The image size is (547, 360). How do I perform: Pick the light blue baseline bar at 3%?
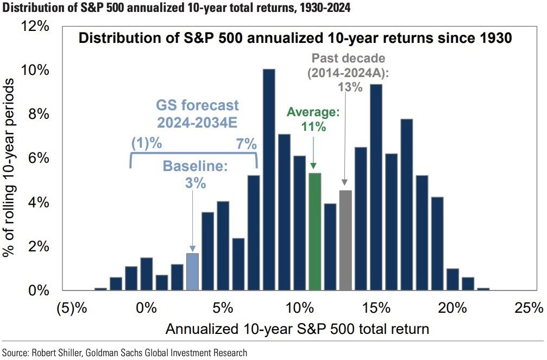(192, 271)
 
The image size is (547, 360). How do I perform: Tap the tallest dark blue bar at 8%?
(268, 180)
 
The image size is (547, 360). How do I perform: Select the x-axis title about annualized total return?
(297, 329)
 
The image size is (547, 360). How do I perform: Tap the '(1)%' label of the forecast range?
(147, 144)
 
